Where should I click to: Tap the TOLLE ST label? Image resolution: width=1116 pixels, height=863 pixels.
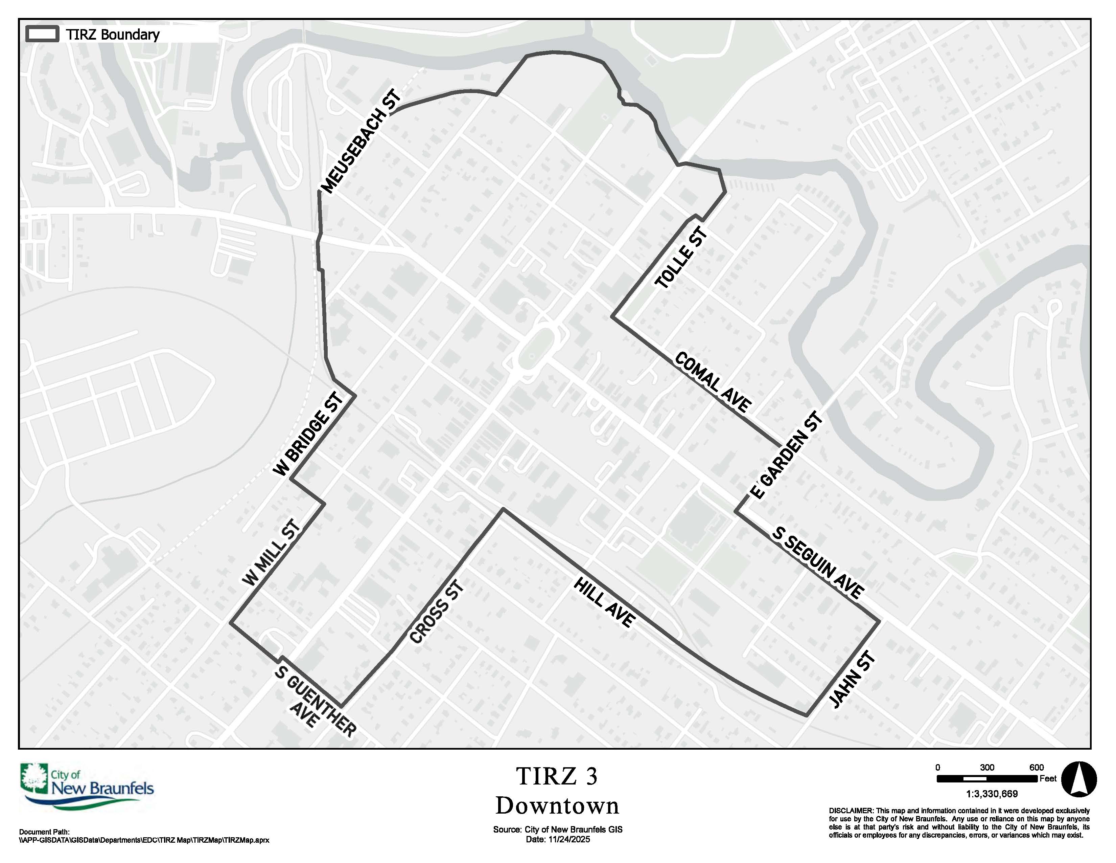[x=682, y=259]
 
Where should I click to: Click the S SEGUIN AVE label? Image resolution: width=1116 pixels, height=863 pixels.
[x=818, y=562]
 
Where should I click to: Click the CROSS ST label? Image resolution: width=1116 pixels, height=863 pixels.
[x=437, y=613]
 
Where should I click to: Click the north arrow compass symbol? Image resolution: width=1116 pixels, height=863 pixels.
[x=1079, y=779]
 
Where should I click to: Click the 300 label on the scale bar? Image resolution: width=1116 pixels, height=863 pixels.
[x=987, y=768]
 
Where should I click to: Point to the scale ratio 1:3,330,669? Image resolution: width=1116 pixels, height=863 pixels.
[x=992, y=794]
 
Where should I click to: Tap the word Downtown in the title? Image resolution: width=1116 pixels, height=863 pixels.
[x=557, y=806]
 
